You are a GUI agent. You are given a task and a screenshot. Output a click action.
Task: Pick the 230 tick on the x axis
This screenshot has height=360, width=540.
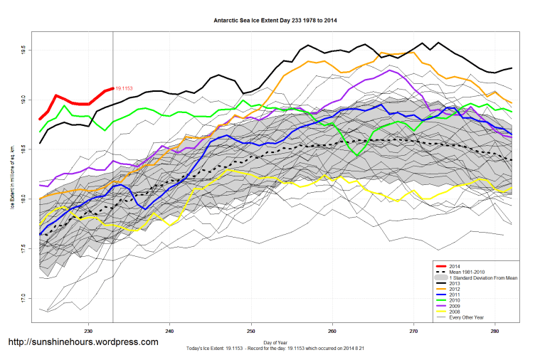pyautogui.click(x=88, y=331)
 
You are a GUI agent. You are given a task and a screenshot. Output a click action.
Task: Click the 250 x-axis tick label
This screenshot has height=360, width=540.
pyautogui.click(x=251, y=331)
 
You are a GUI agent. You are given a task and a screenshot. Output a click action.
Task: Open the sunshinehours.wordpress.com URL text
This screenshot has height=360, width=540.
pyautogui.click(x=83, y=342)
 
